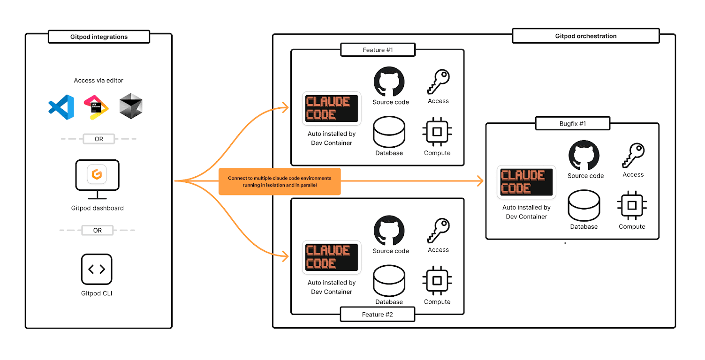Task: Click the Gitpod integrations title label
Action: [x=99, y=37]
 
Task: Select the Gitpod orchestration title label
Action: [x=585, y=36]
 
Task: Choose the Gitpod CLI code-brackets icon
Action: [x=97, y=269]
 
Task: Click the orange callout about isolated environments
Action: [x=280, y=181]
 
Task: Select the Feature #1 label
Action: [x=378, y=50]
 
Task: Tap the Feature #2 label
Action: [x=377, y=315]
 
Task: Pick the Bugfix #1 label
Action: [x=573, y=124]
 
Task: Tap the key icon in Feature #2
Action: [x=439, y=231]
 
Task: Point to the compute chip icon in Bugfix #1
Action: [x=632, y=206]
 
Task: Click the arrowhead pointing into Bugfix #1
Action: [x=479, y=181]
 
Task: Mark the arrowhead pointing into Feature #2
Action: [x=285, y=256]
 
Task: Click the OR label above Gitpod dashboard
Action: [x=99, y=139]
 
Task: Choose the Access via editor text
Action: [x=99, y=81]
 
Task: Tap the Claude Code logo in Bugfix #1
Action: [x=526, y=182]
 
